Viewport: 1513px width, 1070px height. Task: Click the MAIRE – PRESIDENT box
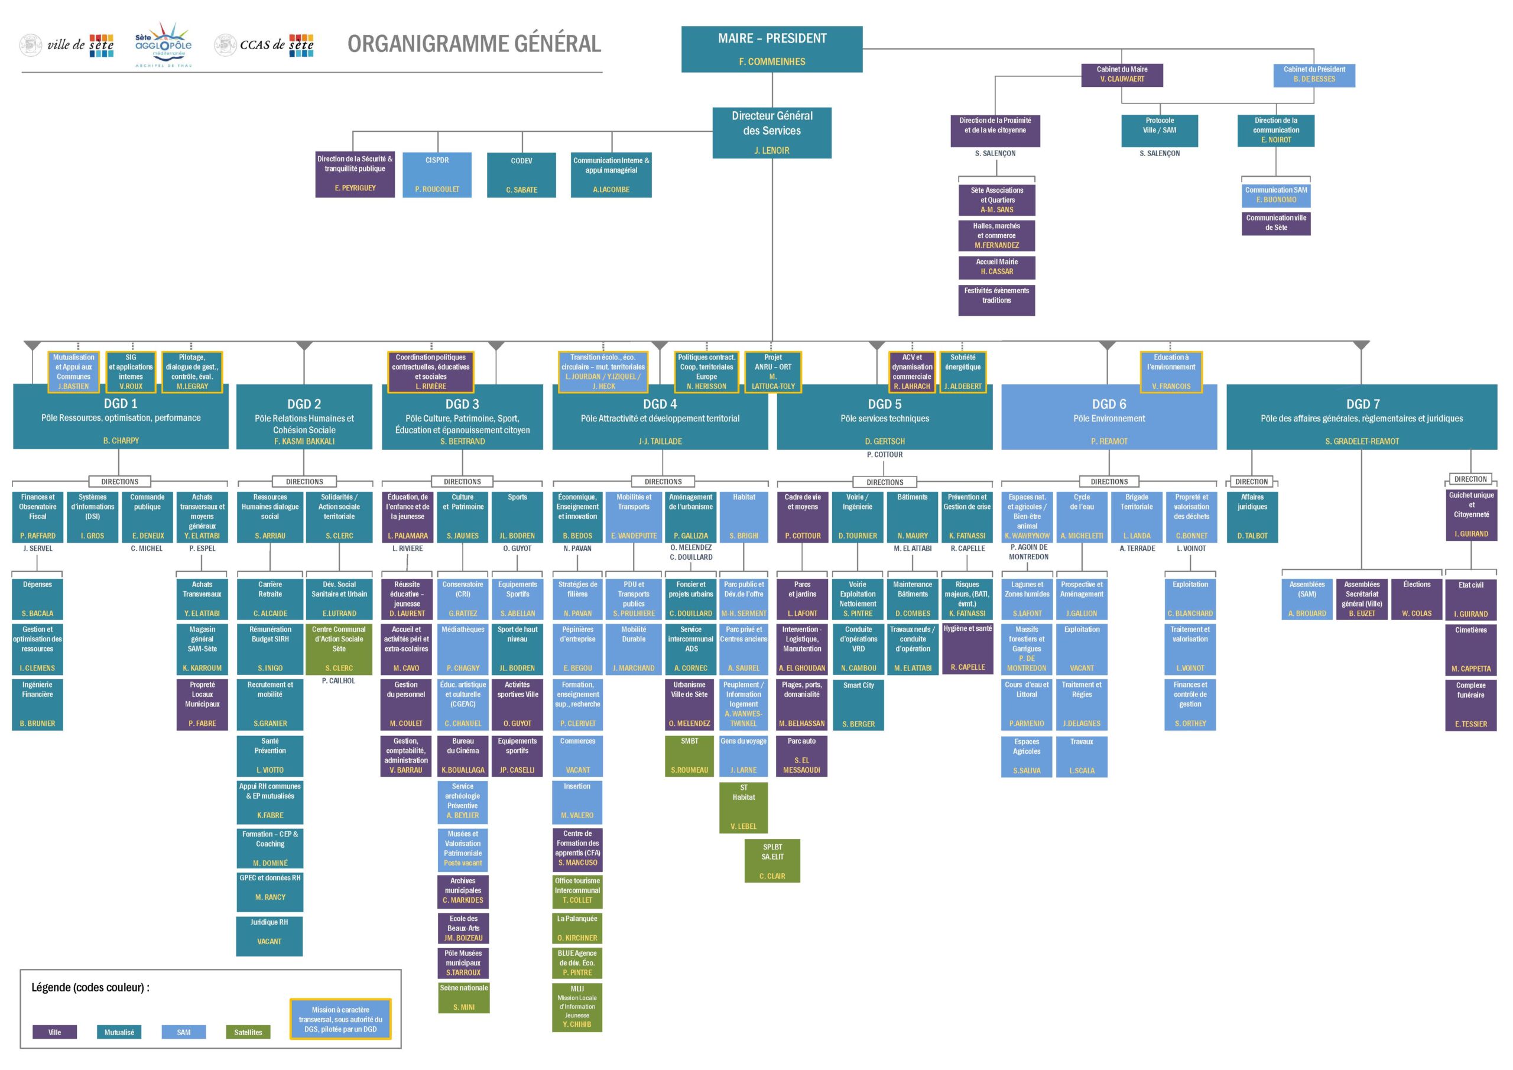click(771, 49)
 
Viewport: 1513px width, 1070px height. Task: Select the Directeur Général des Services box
click(771, 132)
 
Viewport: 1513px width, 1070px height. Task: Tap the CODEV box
click(521, 175)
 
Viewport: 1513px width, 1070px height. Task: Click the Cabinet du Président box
click(1313, 74)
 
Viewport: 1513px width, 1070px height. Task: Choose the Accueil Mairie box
click(996, 267)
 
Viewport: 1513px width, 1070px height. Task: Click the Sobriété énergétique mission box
click(962, 372)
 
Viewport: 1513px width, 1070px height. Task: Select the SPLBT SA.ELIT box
click(772, 860)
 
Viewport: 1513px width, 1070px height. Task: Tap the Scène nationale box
click(463, 997)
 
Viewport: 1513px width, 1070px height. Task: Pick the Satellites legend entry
click(248, 1032)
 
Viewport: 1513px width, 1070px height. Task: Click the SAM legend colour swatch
click(183, 1032)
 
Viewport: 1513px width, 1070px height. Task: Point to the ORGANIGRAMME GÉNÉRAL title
click(474, 44)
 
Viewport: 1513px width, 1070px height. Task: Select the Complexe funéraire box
click(1470, 704)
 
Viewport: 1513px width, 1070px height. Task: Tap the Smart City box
click(858, 704)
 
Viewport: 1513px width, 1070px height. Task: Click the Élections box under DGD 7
click(1416, 598)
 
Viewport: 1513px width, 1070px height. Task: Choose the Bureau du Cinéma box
click(463, 755)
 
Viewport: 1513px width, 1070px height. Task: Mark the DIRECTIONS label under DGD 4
click(663, 482)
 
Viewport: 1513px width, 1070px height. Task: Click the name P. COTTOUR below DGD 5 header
click(884, 455)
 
